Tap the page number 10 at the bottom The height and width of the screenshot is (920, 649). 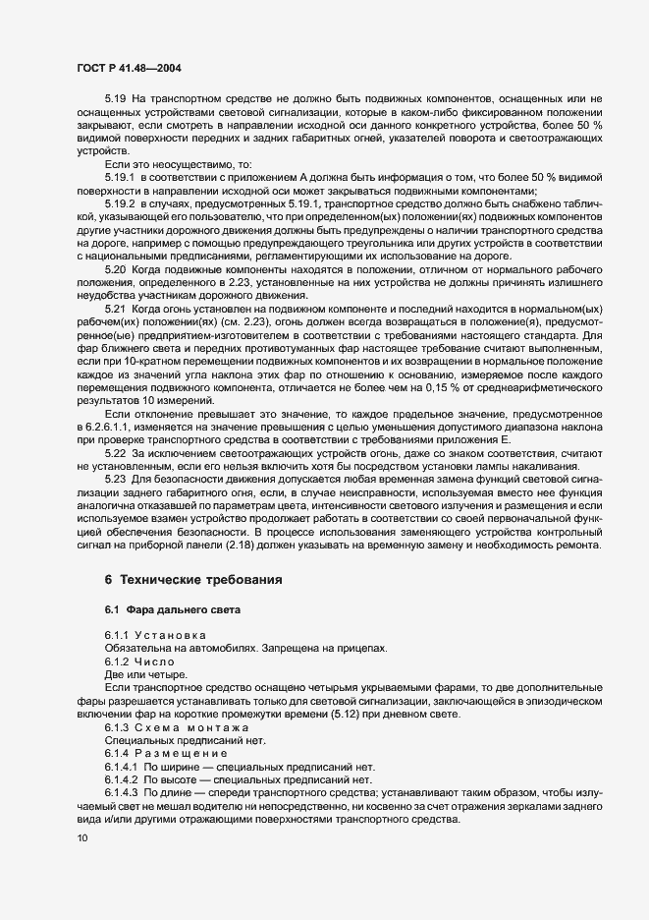coord(81,837)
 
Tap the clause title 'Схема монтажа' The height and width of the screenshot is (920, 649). coord(191,725)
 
